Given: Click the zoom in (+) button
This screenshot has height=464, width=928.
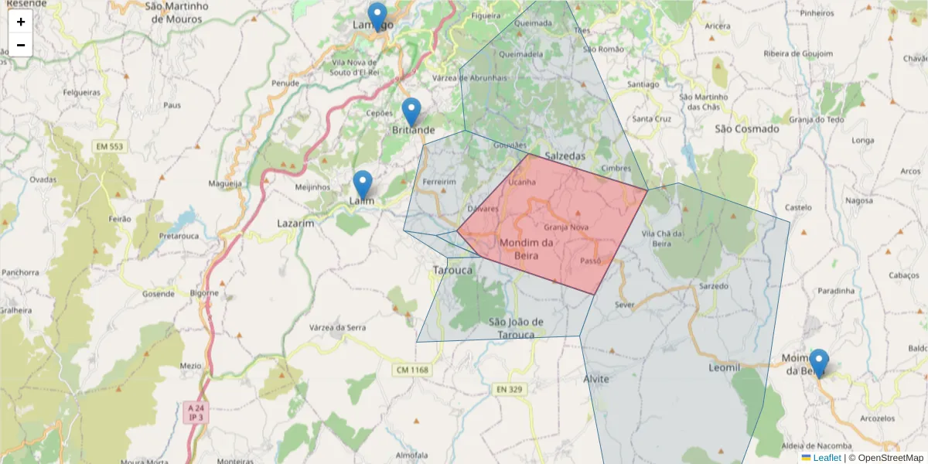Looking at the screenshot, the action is click(21, 22).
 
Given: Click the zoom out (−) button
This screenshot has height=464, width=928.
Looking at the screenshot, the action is click(21, 45).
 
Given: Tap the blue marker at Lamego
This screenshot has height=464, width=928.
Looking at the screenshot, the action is click(377, 15).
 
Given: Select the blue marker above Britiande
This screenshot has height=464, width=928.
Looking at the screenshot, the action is click(411, 111).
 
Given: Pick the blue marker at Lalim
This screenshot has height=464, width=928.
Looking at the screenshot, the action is click(363, 184).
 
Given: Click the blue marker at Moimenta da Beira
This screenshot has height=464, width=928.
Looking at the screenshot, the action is click(818, 362).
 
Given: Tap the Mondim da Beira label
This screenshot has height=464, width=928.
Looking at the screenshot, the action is click(527, 249).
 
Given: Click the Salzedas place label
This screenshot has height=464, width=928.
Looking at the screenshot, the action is click(565, 155).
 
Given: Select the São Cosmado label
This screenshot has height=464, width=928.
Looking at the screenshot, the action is click(747, 129).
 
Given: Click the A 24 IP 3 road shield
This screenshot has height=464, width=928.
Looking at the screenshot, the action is click(196, 412).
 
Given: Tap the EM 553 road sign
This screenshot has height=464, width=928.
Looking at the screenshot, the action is click(111, 146).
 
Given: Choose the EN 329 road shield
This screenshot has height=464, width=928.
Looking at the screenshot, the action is click(509, 389).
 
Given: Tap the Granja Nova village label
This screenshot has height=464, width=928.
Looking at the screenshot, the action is click(566, 227).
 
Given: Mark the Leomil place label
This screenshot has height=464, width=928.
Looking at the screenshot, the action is click(724, 367).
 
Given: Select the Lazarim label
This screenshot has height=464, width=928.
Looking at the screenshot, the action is click(296, 223).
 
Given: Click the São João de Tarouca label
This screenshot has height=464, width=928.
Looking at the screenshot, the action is click(517, 328).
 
